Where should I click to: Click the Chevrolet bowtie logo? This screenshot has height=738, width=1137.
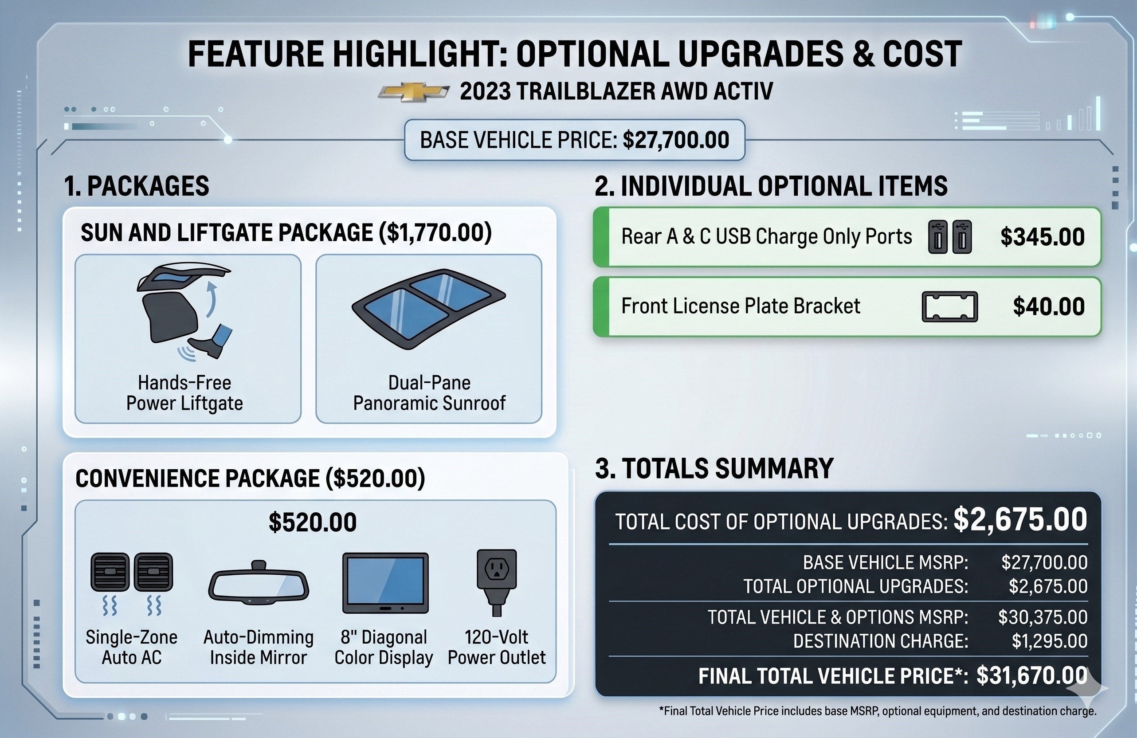pyautogui.click(x=414, y=92)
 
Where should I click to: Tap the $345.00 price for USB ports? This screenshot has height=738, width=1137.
pyautogui.click(x=1043, y=237)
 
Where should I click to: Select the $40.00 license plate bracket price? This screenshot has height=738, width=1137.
pyautogui.click(x=1049, y=306)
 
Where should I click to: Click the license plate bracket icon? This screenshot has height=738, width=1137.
pyautogui.click(x=950, y=306)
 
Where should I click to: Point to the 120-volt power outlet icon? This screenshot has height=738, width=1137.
pyautogui.click(x=497, y=582)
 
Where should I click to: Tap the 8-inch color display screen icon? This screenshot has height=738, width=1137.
pyautogui.click(x=385, y=583)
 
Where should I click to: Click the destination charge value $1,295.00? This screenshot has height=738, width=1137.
pyautogui.click(x=1050, y=641)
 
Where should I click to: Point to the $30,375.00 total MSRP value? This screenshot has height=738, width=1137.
pyautogui.click(x=1043, y=617)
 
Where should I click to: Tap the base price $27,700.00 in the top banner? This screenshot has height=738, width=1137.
pyautogui.click(x=676, y=140)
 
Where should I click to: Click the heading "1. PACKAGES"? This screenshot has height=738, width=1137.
pyautogui.click(x=137, y=186)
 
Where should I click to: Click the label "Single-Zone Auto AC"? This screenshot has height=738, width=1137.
pyautogui.click(x=131, y=647)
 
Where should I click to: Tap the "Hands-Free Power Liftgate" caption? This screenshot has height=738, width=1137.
pyautogui.click(x=184, y=393)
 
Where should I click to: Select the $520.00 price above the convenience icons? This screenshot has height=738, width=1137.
pyautogui.click(x=313, y=522)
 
